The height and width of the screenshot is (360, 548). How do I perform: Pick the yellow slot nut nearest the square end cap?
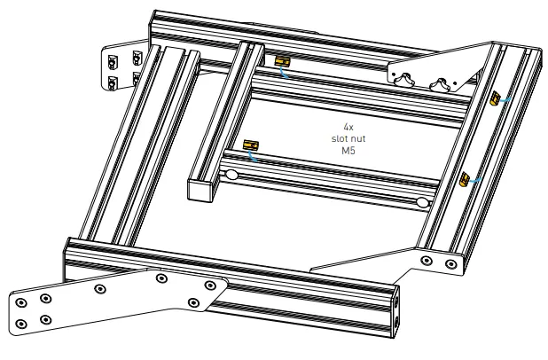point(251,144)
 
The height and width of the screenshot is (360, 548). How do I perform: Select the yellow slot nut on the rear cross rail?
point(283,61)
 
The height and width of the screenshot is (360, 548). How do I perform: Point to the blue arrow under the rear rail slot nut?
point(285,74)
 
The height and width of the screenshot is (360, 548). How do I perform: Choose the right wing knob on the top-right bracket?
point(439,86)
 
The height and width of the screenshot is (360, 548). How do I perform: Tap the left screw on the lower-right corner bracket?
point(427,261)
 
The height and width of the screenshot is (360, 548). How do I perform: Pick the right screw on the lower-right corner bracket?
point(453,262)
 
